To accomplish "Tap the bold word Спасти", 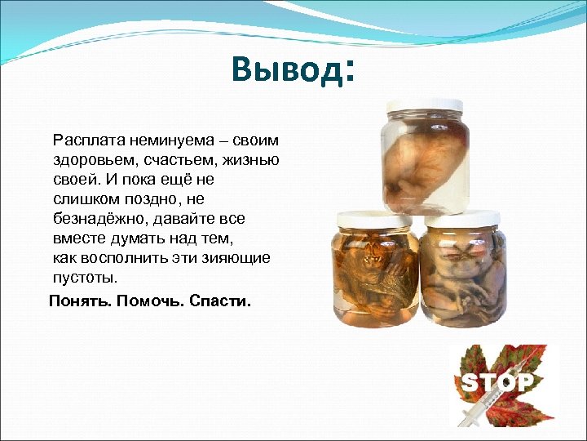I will [220, 301].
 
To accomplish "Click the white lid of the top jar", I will [425, 107].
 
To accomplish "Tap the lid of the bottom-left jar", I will [377, 218].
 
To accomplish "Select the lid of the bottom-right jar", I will [462, 218].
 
